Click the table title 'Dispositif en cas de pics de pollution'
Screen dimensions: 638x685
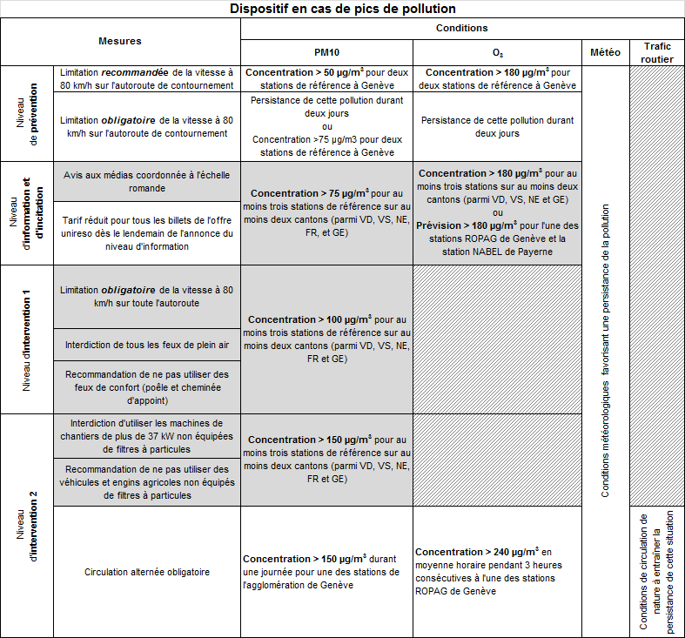pyautogui.click(x=342, y=9)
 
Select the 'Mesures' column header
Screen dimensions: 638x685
pyautogui.click(x=120, y=41)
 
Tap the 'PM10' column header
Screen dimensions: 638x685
pyautogui.click(x=326, y=52)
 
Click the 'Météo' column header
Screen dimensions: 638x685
pyautogui.click(x=605, y=52)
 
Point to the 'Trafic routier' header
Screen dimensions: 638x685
pyautogui.click(x=657, y=52)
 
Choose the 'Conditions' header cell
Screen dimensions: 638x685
pyautogui.click(x=461, y=28)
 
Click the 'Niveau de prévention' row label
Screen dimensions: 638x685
pyautogui.click(x=26, y=113)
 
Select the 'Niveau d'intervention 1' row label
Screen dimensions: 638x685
pyautogui.click(x=26, y=340)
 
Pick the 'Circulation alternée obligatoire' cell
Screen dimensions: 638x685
pyautogui.click(x=147, y=572)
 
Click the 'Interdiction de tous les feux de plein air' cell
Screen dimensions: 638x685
pyautogui.click(x=147, y=345)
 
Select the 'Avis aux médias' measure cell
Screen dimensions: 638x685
pyautogui.click(x=147, y=181)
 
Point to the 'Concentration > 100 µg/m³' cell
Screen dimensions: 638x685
pyautogui.click(x=326, y=339)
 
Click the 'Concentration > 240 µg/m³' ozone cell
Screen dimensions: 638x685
pyautogui.click(x=496, y=571)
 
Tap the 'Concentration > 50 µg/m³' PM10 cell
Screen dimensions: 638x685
pyautogui.click(x=326, y=78)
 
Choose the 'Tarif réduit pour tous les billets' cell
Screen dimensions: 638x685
pyautogui.click(x=147, y=233)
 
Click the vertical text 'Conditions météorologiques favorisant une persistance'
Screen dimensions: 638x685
pyautogui.click(x=605, y=351)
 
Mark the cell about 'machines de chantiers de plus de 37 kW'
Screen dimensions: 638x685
pyautogui.click(x=147, y=436)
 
